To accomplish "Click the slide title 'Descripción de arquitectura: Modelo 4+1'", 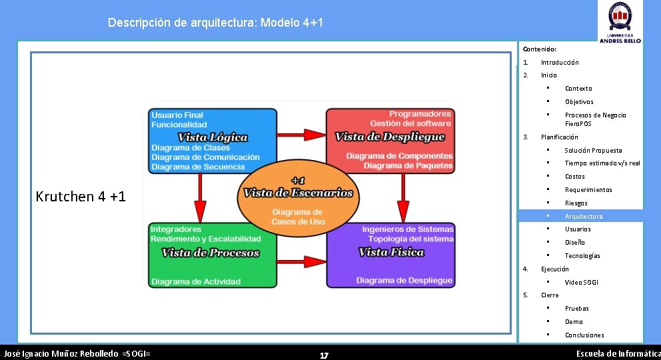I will tap(215, 23).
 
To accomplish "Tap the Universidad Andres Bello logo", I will tap(620, 22).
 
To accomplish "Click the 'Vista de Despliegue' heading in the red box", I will tap(389, 137).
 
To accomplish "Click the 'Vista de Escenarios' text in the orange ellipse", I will tap(298, 193).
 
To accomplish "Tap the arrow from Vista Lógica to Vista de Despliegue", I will tap(301, 135).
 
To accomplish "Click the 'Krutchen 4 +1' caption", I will tap(81, 197).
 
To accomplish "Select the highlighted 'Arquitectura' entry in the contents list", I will tap(583, 216).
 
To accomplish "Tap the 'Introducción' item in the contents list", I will tap(559, 62).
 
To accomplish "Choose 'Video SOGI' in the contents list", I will tap(581, 282).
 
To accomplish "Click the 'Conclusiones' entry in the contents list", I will tap(584, 335).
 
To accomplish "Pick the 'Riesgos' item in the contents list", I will tap(576, 203).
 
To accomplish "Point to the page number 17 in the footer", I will tap(324, 355).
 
